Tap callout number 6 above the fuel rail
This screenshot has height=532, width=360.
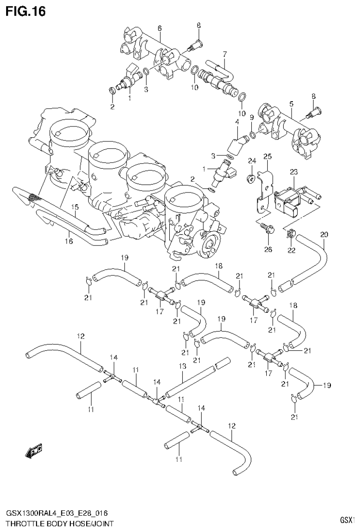pyautogui.click(x=159, y=29)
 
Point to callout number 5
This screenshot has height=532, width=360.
pyautogui.click(x=291, y=103)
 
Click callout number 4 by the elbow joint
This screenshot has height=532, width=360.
pyautogui.click(x=237, y=122)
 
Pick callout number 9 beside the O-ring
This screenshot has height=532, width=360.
pyautogui.click(x=252, y=117)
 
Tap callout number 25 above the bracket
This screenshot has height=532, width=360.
pyautogui.click(x=267, y=156)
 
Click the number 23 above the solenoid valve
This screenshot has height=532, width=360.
pyautogui.click(x=293, y=172)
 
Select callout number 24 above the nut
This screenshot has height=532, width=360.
pyautogui.click(x=251, y=161)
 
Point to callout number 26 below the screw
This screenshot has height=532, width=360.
pyautogui.click(x=268, y=250)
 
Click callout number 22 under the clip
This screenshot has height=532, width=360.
pyautogui.click(x=292, y=251)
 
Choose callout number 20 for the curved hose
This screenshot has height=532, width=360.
pyautogui.click(x=324, y=234)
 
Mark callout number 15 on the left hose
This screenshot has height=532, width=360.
pyautogui.click(x=75, y=207)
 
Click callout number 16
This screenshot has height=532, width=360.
pyautogui.click(x=69, y=241)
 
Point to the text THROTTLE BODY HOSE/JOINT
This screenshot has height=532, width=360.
pyautogui.click(x=60, y=523)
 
